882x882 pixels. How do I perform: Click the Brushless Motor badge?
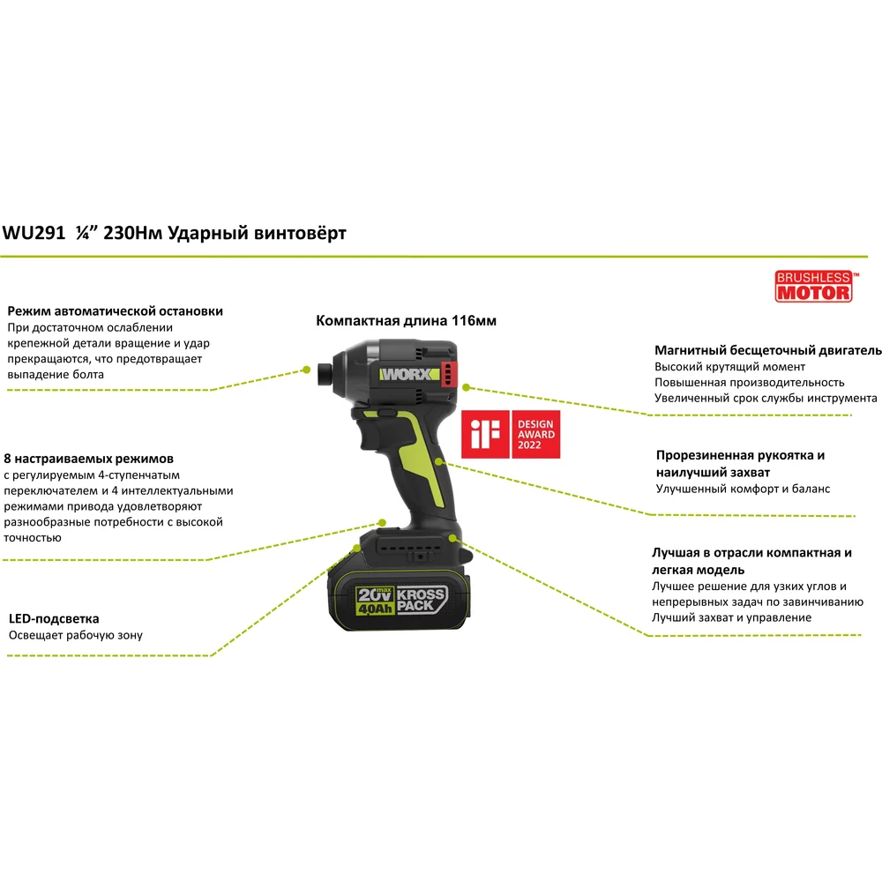pyautogui.click(x=814, y=287)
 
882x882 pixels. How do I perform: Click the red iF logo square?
pyautogui.click(x=485, y=434)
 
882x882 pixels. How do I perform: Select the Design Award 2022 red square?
pyautogui.click(x=535, y=434)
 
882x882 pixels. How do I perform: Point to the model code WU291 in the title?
pyautogui.click(x=34, y=233)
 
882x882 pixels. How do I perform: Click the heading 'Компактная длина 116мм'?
pyautogui.click(x=406, y=321)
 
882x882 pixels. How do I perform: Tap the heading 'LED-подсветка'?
pyautogui.click(x=54, y=619)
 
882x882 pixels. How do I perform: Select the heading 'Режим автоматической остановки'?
pyautogui.click(x=116, y=311)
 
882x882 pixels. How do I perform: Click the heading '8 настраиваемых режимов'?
pyautogui.click(x=89, y=459)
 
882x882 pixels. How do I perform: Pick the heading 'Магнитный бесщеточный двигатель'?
pyautogui.click(x=768, y=350)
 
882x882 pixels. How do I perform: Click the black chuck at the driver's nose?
pyautogui.click(x=325, y=375)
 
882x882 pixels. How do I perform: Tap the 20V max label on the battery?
pyautogui.click(x=375, y=594)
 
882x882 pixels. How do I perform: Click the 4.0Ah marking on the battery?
pyautogui.click(x=375, y=609)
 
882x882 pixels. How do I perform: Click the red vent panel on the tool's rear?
pyautogui.click(x=448, y=373)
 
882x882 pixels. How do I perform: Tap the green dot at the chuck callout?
pyautogui.click(x=307, y=370)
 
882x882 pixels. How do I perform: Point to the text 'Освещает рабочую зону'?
pyautogui.click(x=75, y=635)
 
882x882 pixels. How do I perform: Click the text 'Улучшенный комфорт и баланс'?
pyautogui.click(x=743, y=489)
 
